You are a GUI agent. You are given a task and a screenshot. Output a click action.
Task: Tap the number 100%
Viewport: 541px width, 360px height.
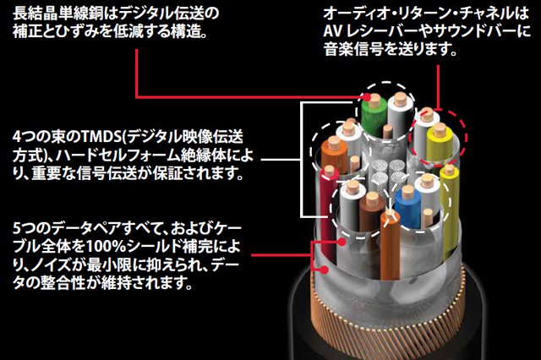[123, 248]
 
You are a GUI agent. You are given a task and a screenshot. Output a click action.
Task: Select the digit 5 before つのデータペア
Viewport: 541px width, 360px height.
[18, 229]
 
